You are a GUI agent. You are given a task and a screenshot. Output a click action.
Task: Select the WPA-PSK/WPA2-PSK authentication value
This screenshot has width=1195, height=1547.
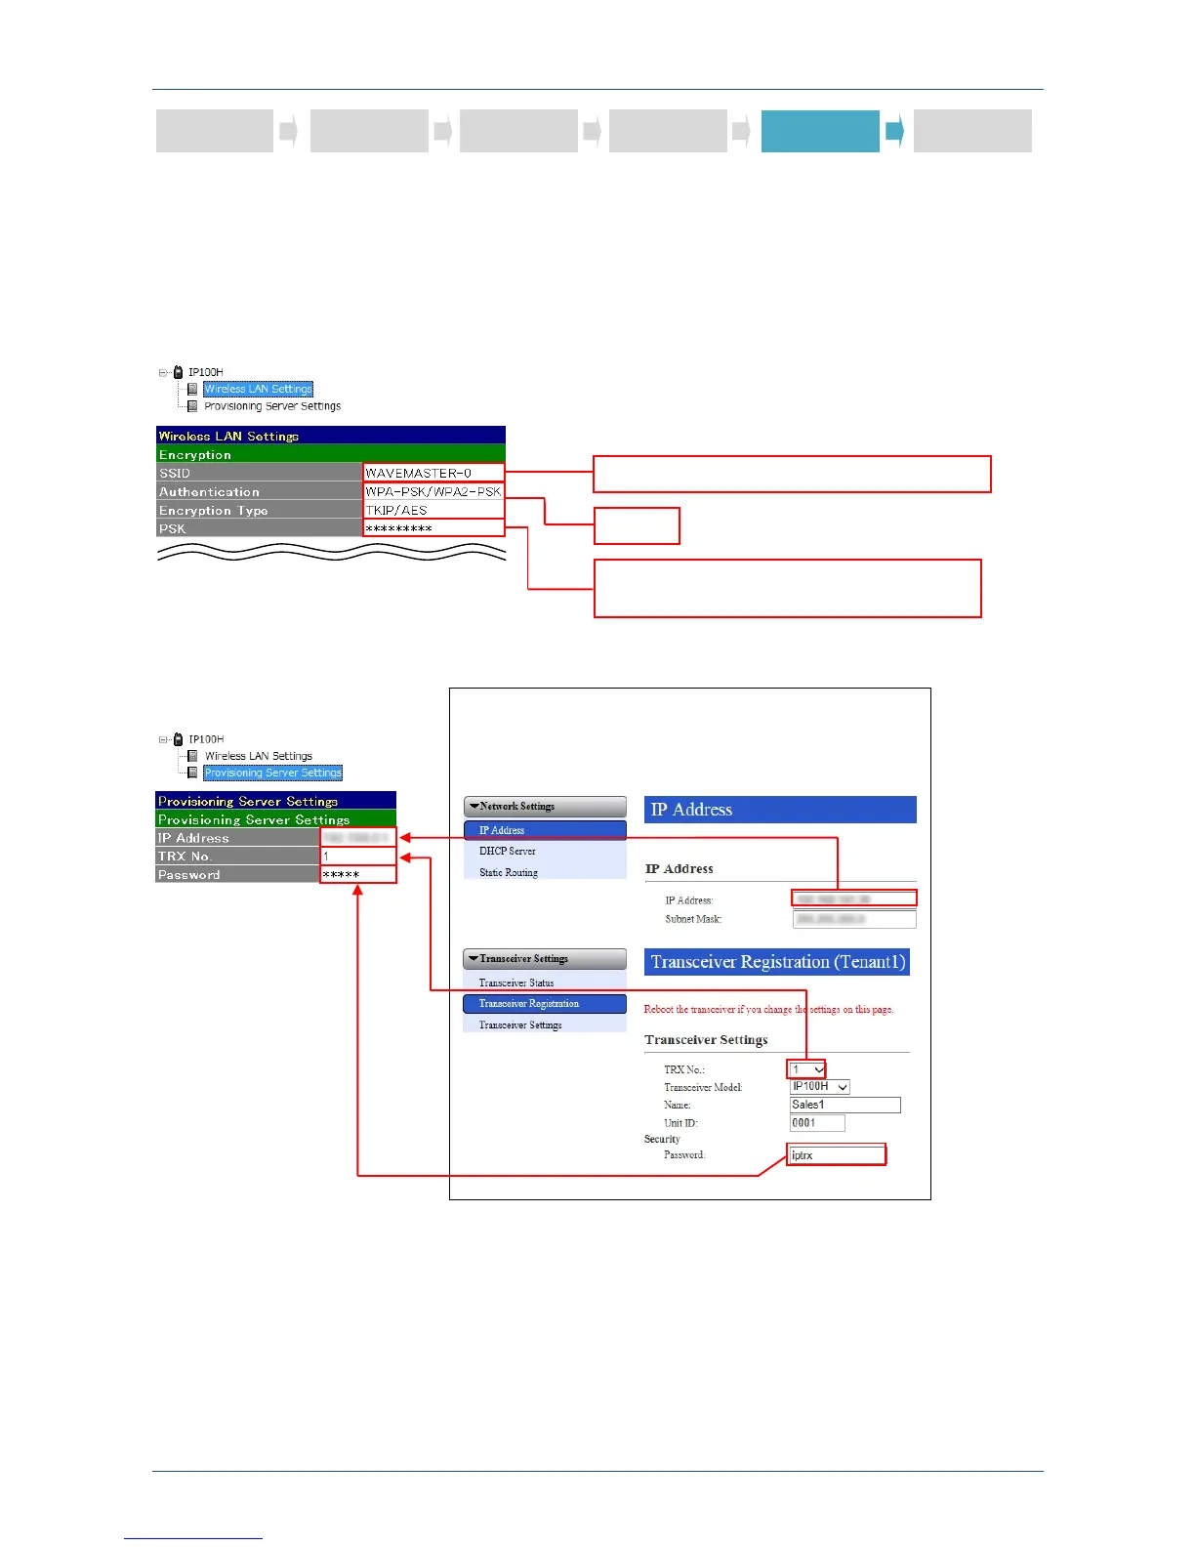point(433,492)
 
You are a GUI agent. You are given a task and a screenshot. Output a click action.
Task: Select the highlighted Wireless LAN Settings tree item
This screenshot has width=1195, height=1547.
point(258,389)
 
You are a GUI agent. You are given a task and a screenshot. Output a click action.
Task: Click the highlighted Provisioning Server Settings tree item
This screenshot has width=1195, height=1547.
point(272,773)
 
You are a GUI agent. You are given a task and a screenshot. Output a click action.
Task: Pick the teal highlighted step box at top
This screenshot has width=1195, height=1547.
point(820,131)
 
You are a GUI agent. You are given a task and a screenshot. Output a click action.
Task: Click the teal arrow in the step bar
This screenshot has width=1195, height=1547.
point(894,131)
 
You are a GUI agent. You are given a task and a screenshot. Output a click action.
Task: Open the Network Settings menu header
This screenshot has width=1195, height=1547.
point(545,807)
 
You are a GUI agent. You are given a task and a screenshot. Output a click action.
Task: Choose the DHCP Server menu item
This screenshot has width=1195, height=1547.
point(508,852)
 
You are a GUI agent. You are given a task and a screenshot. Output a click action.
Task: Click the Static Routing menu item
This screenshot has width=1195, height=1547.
point(509,873)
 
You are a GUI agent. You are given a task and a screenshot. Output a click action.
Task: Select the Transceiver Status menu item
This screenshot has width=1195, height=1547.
point(516,983)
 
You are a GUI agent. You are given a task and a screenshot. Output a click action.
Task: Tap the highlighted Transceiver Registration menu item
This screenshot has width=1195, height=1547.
point(544,1004)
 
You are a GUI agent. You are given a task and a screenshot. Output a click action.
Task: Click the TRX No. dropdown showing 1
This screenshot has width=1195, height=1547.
point(807,1069)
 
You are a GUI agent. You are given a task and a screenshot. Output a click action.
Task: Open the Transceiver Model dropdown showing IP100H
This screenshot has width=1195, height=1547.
point(819,1087)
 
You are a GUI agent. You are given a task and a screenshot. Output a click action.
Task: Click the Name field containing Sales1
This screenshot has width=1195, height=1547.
point(845,1105)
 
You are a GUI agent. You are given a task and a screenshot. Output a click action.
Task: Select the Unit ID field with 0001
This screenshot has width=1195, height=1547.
point(817,1123)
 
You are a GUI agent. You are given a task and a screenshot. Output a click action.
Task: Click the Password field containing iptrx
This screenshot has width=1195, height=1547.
point(837,1155)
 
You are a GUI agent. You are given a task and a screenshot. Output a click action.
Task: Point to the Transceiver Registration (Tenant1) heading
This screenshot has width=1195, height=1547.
point(777,962)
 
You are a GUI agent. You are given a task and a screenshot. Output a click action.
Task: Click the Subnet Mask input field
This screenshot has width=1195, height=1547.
point(854,919)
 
